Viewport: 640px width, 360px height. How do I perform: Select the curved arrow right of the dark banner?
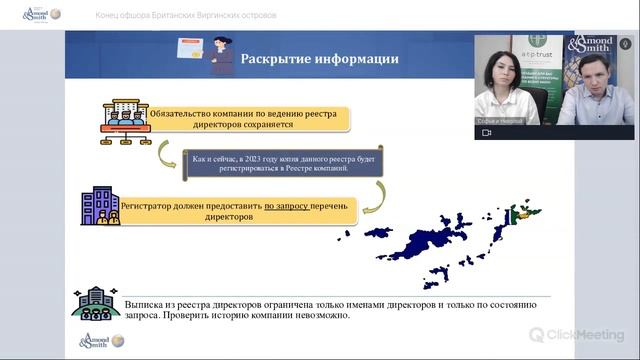[x=371, y=197]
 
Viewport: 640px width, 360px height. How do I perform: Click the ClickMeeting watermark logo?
[x=576, y=335]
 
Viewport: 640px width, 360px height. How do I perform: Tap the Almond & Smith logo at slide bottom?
[x=101, y=341]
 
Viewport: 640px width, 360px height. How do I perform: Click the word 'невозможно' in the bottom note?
[x=317, y=316]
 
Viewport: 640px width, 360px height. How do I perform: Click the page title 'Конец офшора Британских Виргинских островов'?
[x=187, y=15]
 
